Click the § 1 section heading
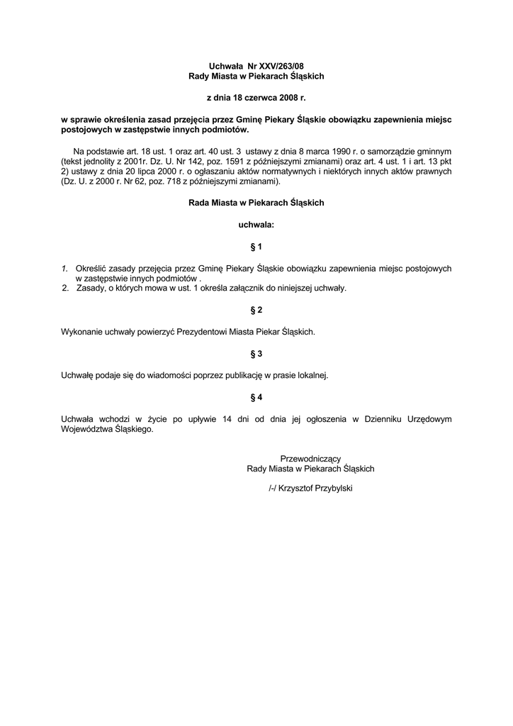click(x=256, y=247)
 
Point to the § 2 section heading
click(x=256, y=311)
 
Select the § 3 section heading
click(x=256, y=353)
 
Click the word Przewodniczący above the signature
click(x=310, y=459)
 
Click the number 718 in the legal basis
click(x=165, y=181)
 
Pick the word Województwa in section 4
click(x=87, y=429)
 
